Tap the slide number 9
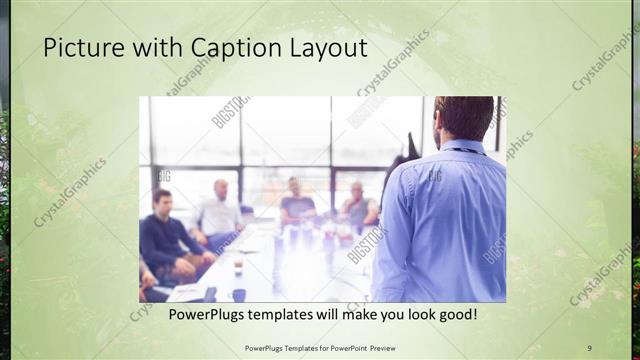(x=589, y=347)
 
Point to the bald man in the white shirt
(x=219, y=210)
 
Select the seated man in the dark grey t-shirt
(x=297, y=203)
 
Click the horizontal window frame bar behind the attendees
(x=270, y=165)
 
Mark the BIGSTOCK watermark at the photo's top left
(x=231, y=112)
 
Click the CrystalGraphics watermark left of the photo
(x=70, y=191)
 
